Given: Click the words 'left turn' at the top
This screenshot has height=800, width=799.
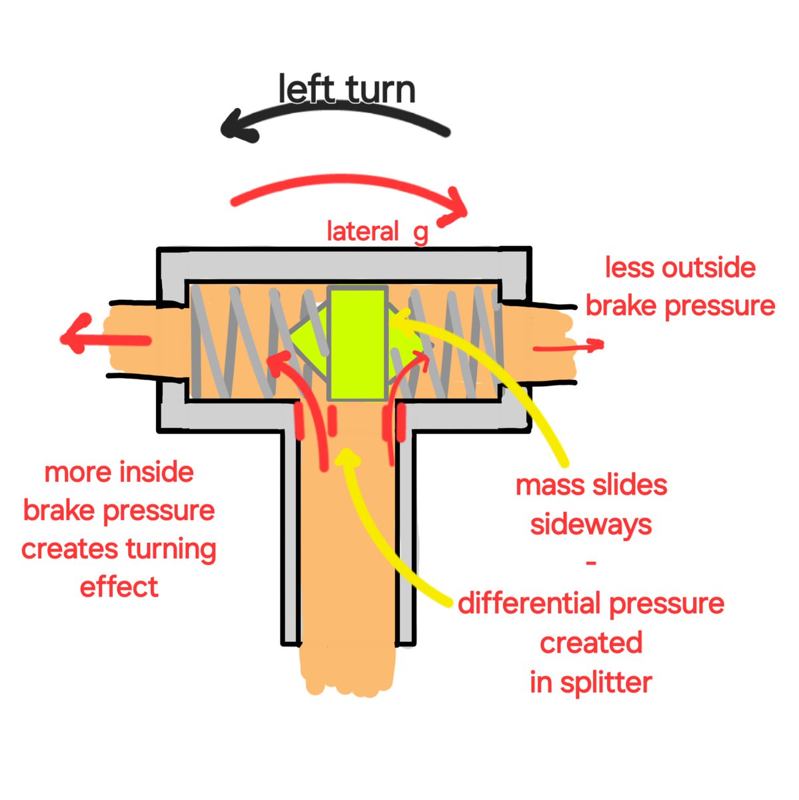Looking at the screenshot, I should (x=347, y=91).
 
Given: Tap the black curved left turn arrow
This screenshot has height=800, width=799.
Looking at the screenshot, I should (x=333, y=117).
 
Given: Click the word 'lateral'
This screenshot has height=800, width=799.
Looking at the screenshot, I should (x=363, y=232).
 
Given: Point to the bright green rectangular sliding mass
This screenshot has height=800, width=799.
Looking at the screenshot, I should (x=358, y=343).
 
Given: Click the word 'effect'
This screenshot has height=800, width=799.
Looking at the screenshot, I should (x=119, y=587).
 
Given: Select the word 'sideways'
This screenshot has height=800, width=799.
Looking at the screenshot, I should (x=591, y=525).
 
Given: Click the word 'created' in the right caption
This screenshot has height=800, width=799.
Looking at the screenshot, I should (x=591, y=643).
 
